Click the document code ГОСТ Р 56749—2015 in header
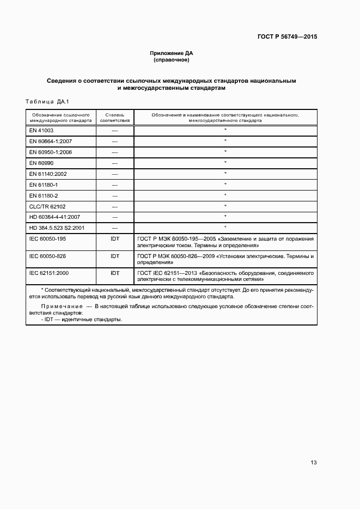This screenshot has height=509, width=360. (287, 37)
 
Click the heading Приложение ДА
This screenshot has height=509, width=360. (172, 53)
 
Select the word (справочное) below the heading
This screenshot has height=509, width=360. (172, 60)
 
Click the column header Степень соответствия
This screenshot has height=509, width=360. (114, 118)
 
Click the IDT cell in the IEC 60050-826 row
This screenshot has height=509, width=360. (114, 255)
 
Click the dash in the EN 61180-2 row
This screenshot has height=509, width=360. (114, 195)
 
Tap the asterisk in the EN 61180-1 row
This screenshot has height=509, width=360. (225, 184)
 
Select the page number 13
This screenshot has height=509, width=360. (313, 463)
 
